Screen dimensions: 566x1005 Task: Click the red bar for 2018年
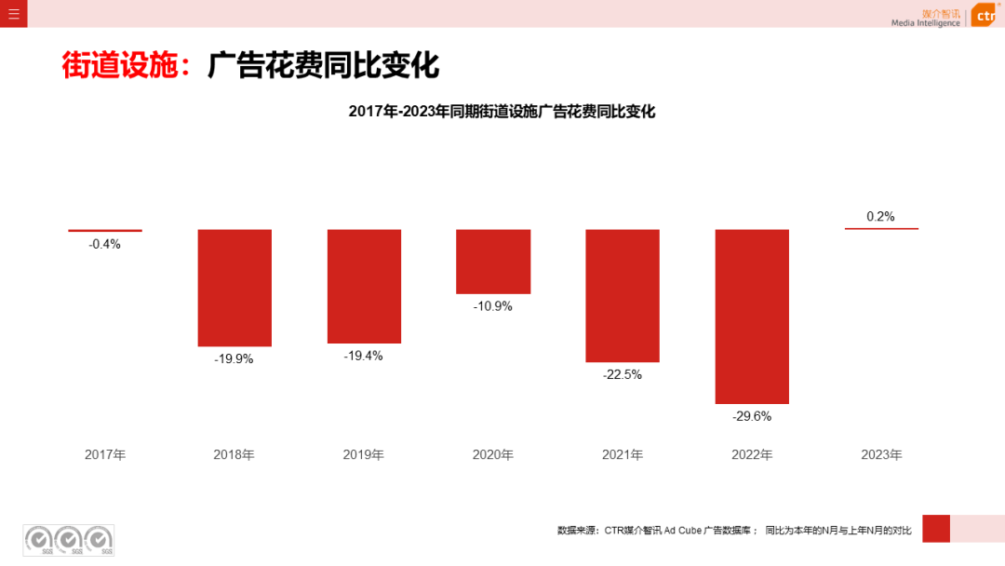pos(234,288)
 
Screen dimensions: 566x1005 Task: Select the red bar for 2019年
pos(364,286)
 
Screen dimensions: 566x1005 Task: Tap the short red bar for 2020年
pos(493,262)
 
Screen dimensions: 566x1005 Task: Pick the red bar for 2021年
pos(623,295)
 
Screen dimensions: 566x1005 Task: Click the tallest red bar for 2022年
pos(752,317)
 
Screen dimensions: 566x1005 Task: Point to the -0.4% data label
pos(105,244)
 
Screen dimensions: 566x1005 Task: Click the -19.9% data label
pos(234,358)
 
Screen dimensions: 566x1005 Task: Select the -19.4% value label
pos(364,356)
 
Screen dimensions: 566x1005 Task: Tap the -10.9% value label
pos(493,305)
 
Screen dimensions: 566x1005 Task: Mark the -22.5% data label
pos(623,374)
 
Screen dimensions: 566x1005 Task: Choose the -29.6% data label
pos(752,416)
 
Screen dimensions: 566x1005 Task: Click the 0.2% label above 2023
pos(880,216)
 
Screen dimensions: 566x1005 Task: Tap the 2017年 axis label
pos(105,455)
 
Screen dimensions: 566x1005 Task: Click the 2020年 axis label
pos(493,455)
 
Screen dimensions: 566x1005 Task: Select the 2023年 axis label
pos(881,455)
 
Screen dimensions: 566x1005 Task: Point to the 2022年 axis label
pos(752,455)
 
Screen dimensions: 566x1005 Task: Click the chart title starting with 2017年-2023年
pos(502,112)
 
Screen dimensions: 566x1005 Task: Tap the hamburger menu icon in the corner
pos(14,14)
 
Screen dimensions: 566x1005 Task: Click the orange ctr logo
pos(985,16)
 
